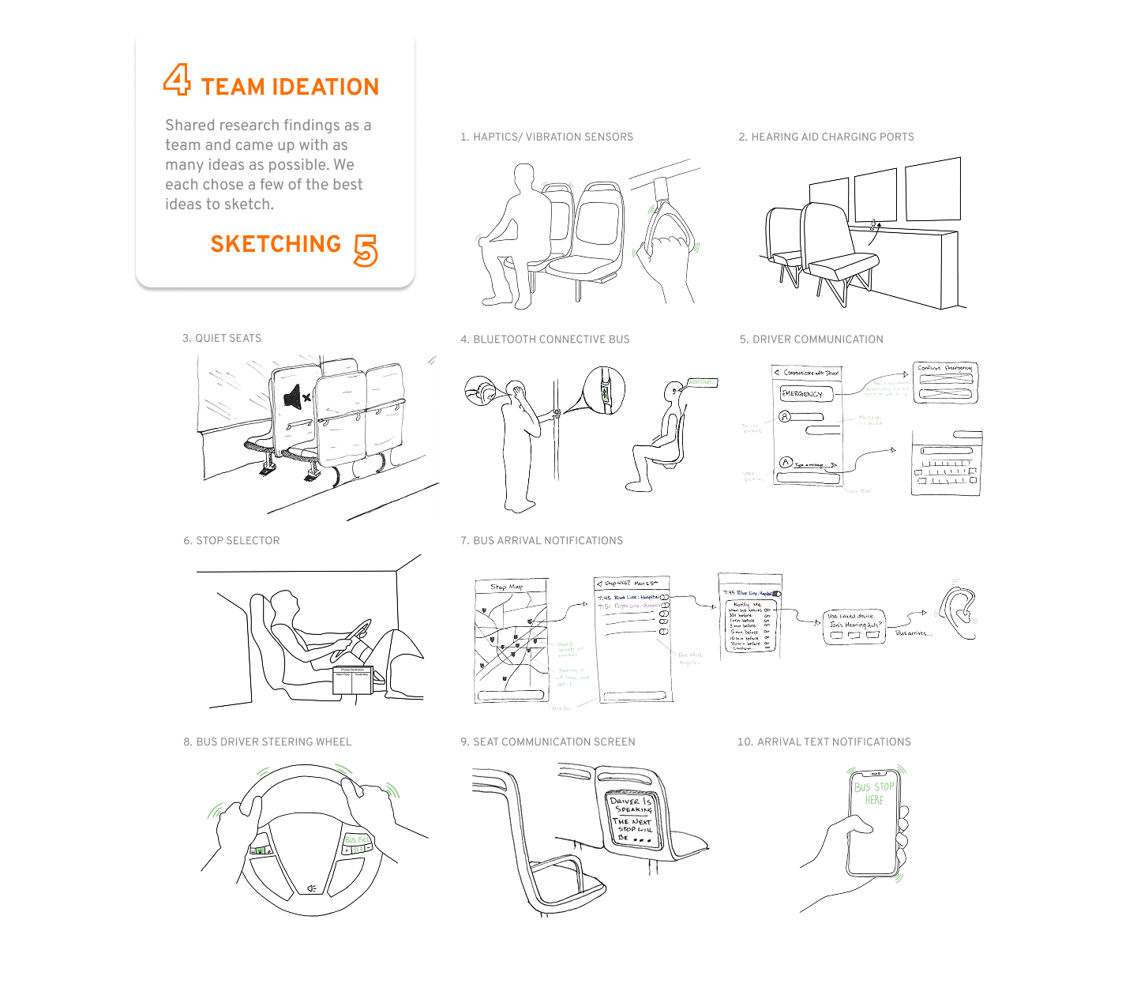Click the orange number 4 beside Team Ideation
click(x=177, y=80)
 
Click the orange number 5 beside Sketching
click(x=365, y=250)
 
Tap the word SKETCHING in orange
click(x=276, y=244)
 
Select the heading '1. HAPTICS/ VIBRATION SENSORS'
click(x=546, y=137)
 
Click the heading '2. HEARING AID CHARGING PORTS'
click(x=826, y=137)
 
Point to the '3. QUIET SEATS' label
click(x=222, y=338)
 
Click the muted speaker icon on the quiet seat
click(x=297, y=396)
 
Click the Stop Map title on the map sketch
click(x=507, y=587)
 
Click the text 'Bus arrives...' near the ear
click(x=913, y=633)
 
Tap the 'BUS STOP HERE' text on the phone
click(x=874, y=793)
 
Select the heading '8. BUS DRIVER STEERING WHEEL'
click(x=268, y=741)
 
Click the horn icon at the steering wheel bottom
click(x=312, y=888)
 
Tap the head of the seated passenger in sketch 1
click(x=523, y=178)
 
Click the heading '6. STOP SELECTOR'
click(x=231, y=540)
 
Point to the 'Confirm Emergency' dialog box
click(x=945, y=382)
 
